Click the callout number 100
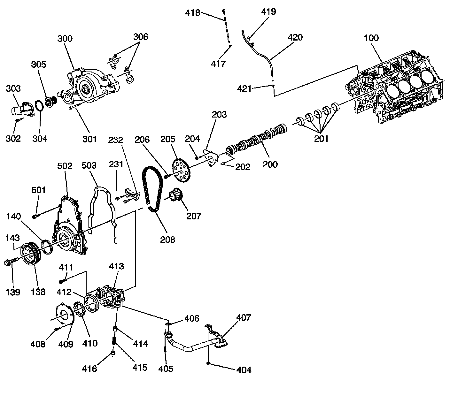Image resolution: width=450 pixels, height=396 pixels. click(x=371, y=38)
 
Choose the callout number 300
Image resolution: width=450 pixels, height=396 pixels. click(x=65, y=39)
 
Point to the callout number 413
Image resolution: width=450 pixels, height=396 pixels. click(x=116, y=266)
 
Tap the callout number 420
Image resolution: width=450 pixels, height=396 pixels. click(x=295, y=37)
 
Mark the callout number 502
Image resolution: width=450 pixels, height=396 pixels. click(x=65, y=166)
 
